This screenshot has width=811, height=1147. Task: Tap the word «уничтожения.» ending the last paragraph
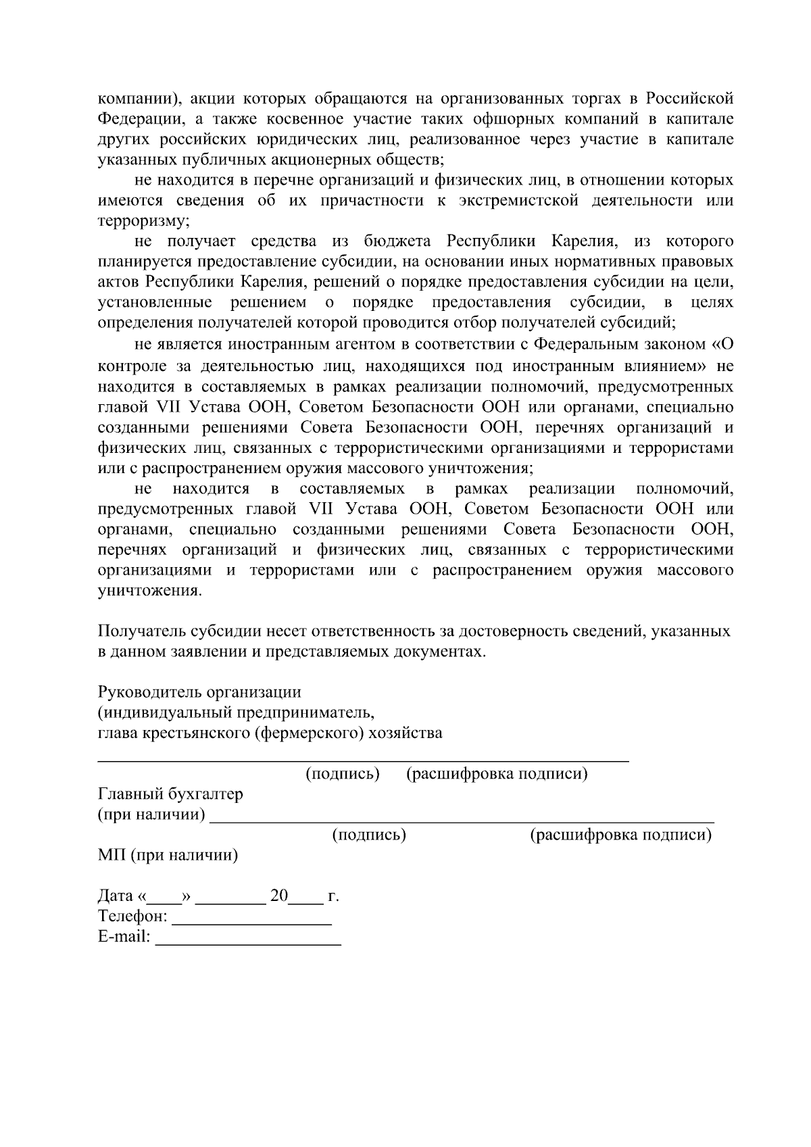[149, 590]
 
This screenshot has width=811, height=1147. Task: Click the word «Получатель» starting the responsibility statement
[139, 631]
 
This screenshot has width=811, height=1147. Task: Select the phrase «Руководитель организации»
[199, 692]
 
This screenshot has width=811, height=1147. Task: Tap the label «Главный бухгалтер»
[170, 794]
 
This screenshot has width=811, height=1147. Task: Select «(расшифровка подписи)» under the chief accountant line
[620, 835]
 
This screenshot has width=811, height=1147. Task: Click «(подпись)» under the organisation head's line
[343, 774]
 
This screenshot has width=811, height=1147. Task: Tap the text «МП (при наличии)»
[168, 856]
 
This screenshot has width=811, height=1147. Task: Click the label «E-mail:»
[124, 937]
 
